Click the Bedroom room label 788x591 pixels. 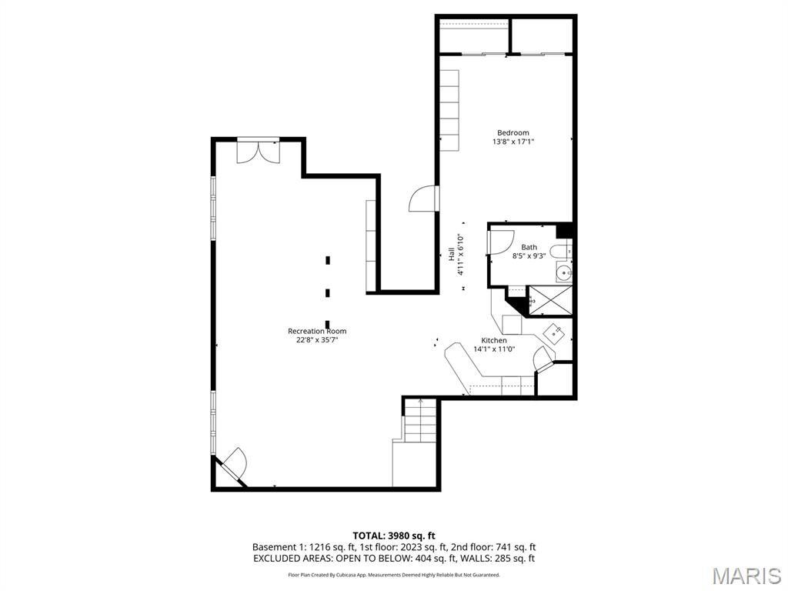click(513, 132)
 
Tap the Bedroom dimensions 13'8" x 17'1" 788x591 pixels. click(513, 142)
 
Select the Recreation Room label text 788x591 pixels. click(317, 331)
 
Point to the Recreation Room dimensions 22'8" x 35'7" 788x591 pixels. click(317, 340)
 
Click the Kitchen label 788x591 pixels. click(494, 340)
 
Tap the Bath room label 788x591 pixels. click(529, 247)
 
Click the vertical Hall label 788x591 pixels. click(452, 254)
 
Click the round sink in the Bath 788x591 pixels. click(565, 272)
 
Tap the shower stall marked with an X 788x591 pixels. click(549, 300)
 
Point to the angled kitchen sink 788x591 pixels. click(556, 332)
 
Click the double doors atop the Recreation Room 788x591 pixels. click(258, 151)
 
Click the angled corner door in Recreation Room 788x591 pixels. click(233, 464)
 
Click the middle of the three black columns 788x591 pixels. click(328, 292)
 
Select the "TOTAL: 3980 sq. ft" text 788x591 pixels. click(394, 536)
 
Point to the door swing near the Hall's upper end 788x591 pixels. click(424, 199)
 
